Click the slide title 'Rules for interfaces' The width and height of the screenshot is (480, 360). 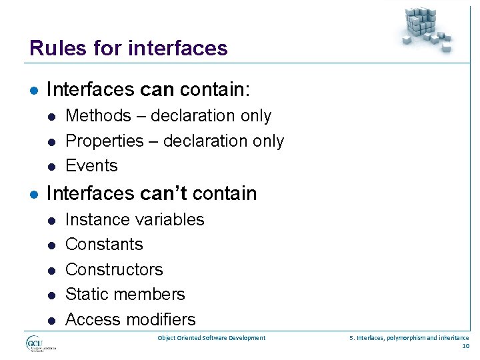(x=129, y=48)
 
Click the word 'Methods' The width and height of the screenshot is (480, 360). (x=98, y=116)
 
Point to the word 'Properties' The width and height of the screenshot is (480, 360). (x=105, y=141)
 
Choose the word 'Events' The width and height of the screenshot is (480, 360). (x=91, y=166)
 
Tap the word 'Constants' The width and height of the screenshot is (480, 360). (x=104, y=245)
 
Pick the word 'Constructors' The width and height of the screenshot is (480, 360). (x=114, y=269)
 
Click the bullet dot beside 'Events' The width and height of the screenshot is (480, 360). (x=51, y=167)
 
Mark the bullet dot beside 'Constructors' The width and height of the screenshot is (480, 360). (x=51, y=270)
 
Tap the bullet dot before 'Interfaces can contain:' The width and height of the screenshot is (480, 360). (x=34, y=90)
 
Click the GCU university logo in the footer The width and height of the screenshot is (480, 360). (x=40, y=343)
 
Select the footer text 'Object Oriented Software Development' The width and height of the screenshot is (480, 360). (x=211, y=338)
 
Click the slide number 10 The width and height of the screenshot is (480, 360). (x=465, y=346)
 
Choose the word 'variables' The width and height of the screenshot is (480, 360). (x=170, y=219)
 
